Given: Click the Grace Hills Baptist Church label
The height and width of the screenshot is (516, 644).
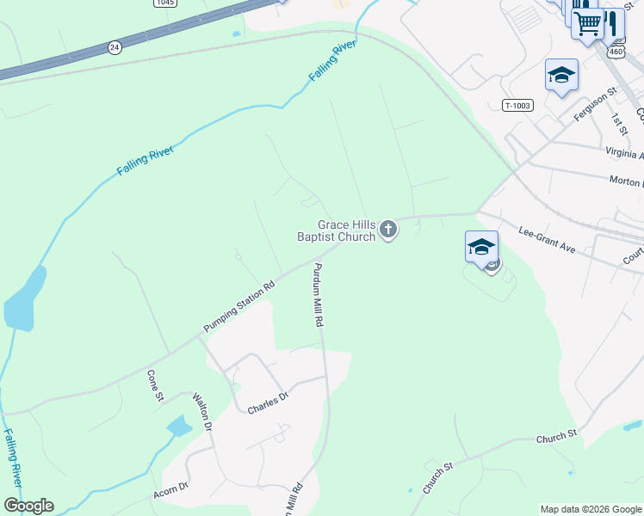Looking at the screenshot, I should coord(336,230).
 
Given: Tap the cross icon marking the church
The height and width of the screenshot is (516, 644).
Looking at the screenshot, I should coord(388,229).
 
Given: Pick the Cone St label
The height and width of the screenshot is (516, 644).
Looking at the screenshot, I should coord(155,384).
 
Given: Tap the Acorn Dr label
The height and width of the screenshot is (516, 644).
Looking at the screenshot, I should coord(170,491).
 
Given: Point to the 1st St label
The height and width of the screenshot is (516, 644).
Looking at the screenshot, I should coord(617,120).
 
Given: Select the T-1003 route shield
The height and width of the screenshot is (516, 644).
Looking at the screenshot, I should coord(518,106).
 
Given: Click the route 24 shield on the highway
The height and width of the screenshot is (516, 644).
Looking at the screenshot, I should coord(115,46).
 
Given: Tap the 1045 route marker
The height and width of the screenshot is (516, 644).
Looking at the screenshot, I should coord(166,3).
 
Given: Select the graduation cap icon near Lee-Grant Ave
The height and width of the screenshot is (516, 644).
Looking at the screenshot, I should coord(481,247).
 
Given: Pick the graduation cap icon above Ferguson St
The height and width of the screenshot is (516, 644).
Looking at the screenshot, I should coord(561,75).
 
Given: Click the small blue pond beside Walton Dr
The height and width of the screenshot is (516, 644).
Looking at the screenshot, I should coord(179,425).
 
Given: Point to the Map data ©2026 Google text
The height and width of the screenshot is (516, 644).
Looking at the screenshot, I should coord(591,509).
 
